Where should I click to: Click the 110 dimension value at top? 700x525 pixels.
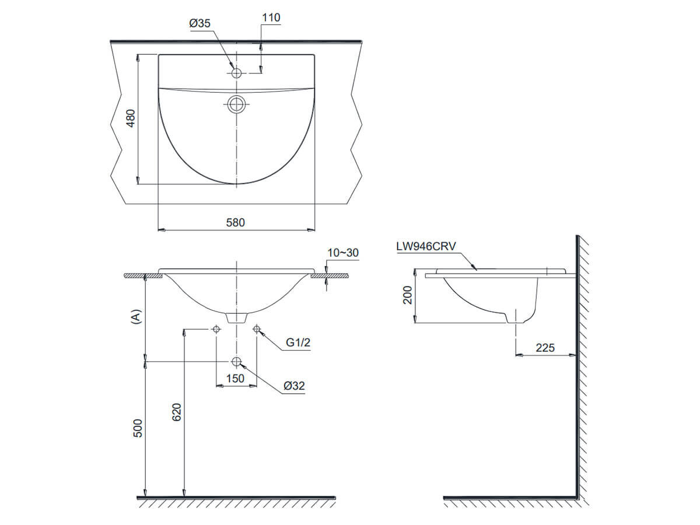coord(271,17)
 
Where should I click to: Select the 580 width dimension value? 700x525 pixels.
coord(236,222)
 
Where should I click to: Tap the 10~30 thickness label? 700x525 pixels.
coord(342,253)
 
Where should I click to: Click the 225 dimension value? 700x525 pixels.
coord(545,348)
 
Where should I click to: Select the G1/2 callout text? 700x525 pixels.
coord(297,343)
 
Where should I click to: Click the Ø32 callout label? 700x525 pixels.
coord(295,386)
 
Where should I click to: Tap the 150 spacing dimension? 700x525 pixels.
coord(235,378)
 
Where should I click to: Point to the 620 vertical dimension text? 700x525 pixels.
coord(178,412)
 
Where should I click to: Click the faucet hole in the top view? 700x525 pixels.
coord(236,73)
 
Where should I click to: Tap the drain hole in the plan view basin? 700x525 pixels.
coord(236,104)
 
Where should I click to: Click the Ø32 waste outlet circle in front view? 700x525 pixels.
coord(236,362)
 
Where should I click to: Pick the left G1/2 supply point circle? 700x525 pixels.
coord(216,330)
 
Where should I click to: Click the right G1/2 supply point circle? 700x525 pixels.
coord(257,330)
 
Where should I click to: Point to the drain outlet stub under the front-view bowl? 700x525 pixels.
coord(236,318)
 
